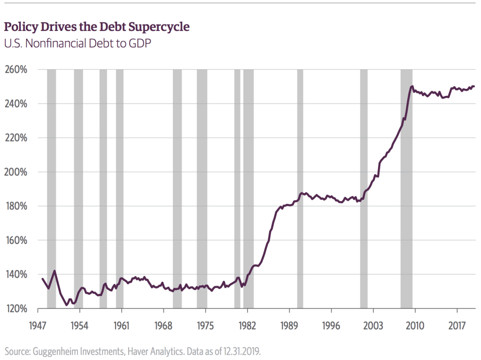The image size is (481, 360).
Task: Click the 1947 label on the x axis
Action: [38, 326]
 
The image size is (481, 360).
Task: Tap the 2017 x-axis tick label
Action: [457, 326]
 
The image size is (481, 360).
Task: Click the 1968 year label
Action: [163, 326]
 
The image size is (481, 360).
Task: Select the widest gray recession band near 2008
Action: [406, 188]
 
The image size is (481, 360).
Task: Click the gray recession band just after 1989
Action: [300, 188]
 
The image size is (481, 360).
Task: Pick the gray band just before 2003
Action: [364, 188]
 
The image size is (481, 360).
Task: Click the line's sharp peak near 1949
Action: [55, 271]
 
